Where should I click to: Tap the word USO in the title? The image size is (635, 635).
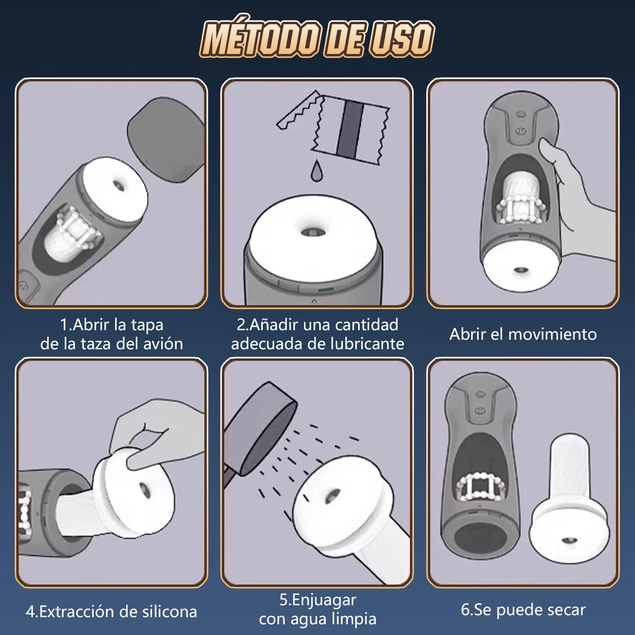pyautogui.click(x=401, y=38)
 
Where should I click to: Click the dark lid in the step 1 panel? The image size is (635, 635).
pyautogui.click(x=166, y=139)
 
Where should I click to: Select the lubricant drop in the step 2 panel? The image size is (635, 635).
pyautogui.click(x=316, y=171)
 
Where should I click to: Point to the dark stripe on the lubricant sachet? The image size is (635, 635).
pyautogui.click(x=350, y=129)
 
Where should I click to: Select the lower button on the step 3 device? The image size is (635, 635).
pyautogui.click(x=521, y=131)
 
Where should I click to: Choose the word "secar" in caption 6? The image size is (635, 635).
pyautogui.click(x=563, y=610)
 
